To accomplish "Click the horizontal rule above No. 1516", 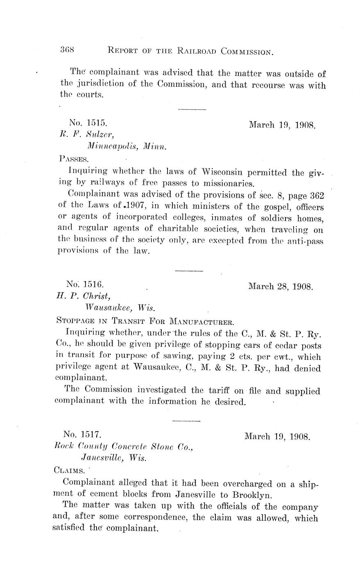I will (189, 271).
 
